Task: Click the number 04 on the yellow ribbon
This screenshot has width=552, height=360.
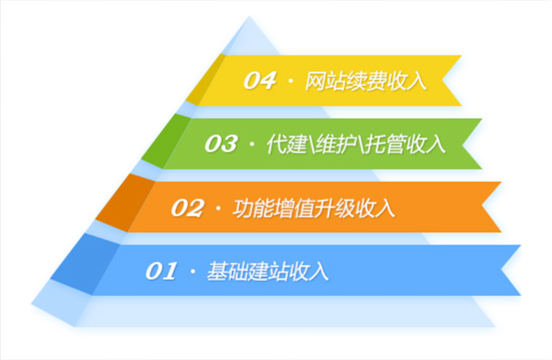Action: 259,80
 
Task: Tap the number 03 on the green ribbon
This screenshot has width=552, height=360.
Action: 220,144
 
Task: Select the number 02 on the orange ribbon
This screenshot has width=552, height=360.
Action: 188,208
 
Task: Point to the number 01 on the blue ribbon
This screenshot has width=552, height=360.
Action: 161,272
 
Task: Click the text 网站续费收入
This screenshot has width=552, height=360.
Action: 366,80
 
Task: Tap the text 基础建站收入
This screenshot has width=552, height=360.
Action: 267,272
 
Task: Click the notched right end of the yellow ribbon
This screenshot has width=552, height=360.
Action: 449,80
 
